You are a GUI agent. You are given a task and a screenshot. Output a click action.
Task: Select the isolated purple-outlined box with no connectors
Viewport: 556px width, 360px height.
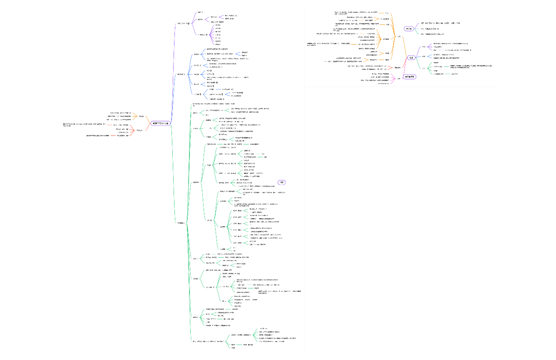[x=282, y=183]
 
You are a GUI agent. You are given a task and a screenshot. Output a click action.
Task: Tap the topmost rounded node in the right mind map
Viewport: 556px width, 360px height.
[x=409, y=29]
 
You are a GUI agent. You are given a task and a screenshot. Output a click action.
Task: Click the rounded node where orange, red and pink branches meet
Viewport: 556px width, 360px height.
[x=411, y=57]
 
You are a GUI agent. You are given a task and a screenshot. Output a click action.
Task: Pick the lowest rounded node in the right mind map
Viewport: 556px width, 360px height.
[x=410, y=77]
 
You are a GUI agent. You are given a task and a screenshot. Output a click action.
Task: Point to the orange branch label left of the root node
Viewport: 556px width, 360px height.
[x=141, y=116]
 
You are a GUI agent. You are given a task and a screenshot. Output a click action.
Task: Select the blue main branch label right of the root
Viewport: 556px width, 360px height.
[x=181, y=74]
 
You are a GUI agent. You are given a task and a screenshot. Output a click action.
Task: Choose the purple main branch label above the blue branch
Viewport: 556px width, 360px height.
[x=183, y=23]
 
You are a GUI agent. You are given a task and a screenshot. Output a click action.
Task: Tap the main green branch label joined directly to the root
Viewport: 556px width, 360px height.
[x=181, y=223]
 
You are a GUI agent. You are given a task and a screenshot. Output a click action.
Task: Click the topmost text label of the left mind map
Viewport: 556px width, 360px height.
[x=200, y=12]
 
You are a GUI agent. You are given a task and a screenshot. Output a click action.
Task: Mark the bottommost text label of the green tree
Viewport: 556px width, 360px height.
[x=233, y=348]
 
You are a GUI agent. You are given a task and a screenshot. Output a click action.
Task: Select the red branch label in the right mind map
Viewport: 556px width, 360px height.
[x=397, y=67]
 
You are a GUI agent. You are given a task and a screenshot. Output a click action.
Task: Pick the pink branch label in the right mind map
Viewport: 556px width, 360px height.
[x=398, y=78]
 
